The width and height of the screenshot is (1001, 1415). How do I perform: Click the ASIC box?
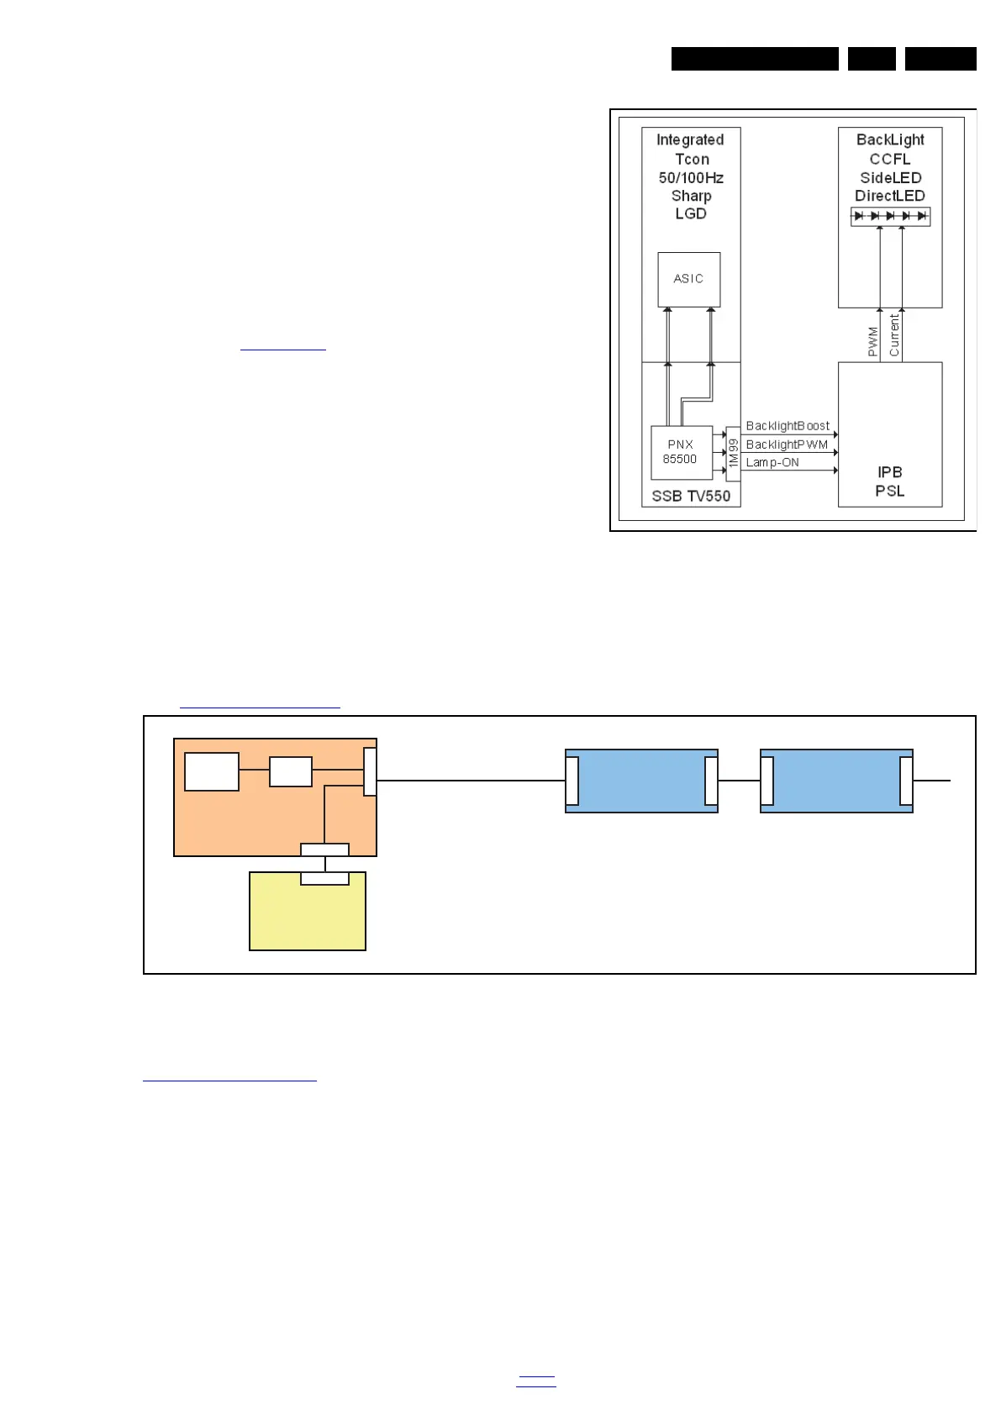click(x=688, y=279)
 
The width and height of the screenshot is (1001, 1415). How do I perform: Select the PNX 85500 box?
click(x=681, y=452)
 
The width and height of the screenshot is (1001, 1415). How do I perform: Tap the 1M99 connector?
click(x=733, y=453)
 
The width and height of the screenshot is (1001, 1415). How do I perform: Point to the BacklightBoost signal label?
click(x=788, y=426)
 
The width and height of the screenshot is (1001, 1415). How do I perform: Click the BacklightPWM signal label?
click(x=787, y=444)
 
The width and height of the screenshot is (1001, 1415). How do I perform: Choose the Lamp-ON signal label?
click(x=772, y=462)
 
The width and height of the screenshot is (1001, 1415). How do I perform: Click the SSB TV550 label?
click(x=691, y=496)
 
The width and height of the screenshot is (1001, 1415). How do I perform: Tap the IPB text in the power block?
click(x=889, y=472)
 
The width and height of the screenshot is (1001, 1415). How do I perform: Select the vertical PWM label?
click(x=873, y=341)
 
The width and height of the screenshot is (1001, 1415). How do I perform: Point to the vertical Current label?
click(x=894, y=335)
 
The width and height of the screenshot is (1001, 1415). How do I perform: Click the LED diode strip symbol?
click(x=890, y=216)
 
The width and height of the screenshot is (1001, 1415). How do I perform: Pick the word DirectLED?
click(x=890, y=196)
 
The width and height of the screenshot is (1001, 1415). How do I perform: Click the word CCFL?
click(x=890, y=159)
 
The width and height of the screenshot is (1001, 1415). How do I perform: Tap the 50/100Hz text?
click(x=691, y=177)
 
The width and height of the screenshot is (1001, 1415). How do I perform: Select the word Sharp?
click(x=691, y=196)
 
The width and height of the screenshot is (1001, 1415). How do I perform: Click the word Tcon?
click(x=692, y=159)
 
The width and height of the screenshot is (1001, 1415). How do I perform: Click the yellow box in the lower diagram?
click(x=308, y=915)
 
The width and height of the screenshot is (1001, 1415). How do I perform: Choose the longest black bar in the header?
click(x=755, y=59)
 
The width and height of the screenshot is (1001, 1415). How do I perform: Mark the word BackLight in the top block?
click(x=890, y=139)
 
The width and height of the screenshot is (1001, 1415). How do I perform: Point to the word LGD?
click(x=691, y=213)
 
